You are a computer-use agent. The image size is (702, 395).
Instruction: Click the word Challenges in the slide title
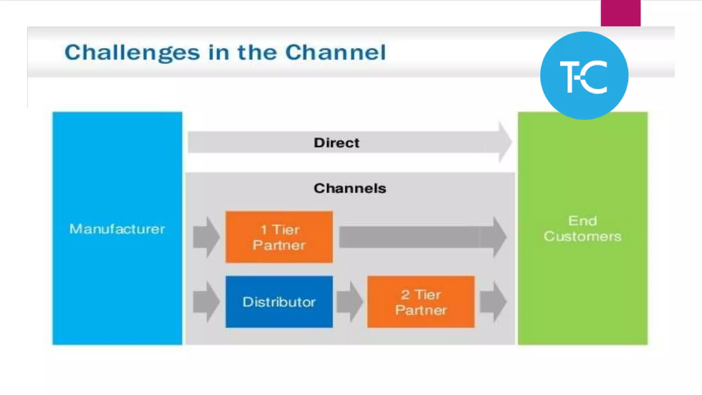pyautogui.click(x=132, y=53)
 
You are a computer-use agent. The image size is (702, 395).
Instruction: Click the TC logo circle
pyautogui.click(x=584, y=75)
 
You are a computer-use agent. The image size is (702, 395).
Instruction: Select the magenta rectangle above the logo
pyautogui.click(x=620, y=13)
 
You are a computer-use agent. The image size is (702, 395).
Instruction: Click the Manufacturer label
pyautogui.click(x=117, y=229)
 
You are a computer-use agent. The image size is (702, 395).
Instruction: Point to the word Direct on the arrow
pyautogui.click(x=337, y=143)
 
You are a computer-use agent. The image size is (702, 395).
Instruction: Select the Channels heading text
pyautogui.click(x=350, y=188)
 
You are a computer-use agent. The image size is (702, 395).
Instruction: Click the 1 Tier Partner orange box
pyautogui.click(x=279, y=237)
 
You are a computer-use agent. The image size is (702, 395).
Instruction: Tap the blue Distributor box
pyautogui.click(x=279, y=302)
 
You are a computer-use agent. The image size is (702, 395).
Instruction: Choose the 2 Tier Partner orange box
pyautogui.click(x=421, y=302)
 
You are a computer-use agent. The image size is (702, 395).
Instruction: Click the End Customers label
pyautogui.click(x=582, y=228)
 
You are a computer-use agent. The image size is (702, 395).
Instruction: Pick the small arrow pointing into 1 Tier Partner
pyautogui.click(x=206, y=237)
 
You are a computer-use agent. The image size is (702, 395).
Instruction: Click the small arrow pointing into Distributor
pyautogui.click(x=206, y=302)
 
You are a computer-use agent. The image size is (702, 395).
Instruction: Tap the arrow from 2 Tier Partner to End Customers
pyautogui.click(x=493, y=302)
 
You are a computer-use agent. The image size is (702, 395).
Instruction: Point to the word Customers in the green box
pyautogui.click(x=582, y=236)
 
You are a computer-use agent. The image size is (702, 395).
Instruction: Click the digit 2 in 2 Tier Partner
pyautogui.click(x=406, y=295)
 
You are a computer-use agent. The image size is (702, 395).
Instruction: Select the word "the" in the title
pyautogui.click(x=257, y=52)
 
